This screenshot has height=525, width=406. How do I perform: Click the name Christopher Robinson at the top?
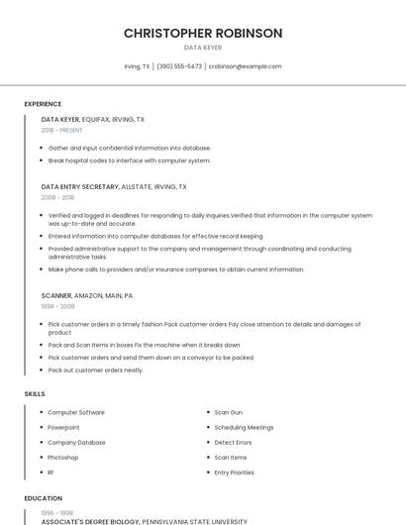pos(203,33)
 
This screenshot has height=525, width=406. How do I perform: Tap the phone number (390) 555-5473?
pos(179,66)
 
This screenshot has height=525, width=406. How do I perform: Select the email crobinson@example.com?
pos(246,66)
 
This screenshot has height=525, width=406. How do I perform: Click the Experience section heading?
pos(43,104)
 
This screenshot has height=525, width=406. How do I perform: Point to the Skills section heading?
pos(35,394)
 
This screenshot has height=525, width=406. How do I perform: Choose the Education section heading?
pos(43,498)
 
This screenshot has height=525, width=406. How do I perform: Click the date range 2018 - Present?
pos(62,130)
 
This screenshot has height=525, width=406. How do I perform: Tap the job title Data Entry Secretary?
pos(80,186)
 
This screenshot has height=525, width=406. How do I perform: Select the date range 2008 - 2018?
pos(58,197)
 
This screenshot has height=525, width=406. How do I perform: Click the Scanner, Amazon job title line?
pos(87,295)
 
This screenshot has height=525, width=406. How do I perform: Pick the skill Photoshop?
pos(64,458)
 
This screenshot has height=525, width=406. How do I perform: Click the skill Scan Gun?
pos(229,412)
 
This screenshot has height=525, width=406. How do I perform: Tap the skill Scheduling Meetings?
pos(244,427)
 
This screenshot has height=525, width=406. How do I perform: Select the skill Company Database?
pos(76,443)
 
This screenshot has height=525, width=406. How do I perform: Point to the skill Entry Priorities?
pos(235,472)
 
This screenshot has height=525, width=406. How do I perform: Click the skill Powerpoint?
pos(64,427)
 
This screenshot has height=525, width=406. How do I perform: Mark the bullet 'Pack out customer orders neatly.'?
pos(95,370)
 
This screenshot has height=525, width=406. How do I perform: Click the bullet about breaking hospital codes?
pos(129,160)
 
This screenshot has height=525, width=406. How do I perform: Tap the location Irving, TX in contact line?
pos(137,66)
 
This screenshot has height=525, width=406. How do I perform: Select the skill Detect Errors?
pos(233,443)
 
